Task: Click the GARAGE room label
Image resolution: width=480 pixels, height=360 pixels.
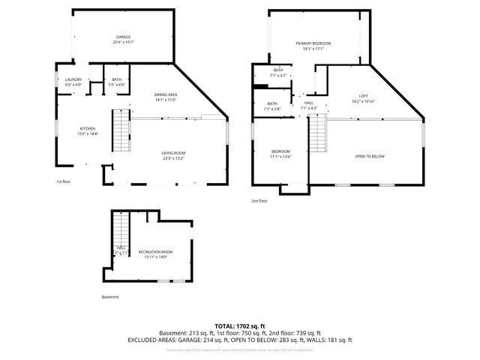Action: point(123,37)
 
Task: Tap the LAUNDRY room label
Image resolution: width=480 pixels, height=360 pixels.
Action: point(73,79)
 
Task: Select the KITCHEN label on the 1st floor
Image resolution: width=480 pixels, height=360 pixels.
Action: point(88,129)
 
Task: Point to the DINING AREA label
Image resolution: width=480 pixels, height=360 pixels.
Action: point(165,94)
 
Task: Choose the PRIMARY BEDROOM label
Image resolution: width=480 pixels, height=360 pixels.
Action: point(313,43)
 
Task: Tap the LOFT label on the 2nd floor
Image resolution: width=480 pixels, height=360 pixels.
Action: point(363,95)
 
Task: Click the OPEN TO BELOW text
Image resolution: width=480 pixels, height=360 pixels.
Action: point(370,156)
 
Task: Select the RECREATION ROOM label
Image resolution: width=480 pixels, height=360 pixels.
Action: point(155,252)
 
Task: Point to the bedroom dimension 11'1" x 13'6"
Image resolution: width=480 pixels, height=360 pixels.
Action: point(280,157)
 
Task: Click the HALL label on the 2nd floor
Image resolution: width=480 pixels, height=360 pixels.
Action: point(308,103)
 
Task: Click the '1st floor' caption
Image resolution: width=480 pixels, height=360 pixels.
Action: point(64,181)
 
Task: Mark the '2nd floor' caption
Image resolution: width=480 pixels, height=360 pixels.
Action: point(259,201)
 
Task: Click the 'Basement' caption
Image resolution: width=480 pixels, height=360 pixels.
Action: point(109,297)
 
